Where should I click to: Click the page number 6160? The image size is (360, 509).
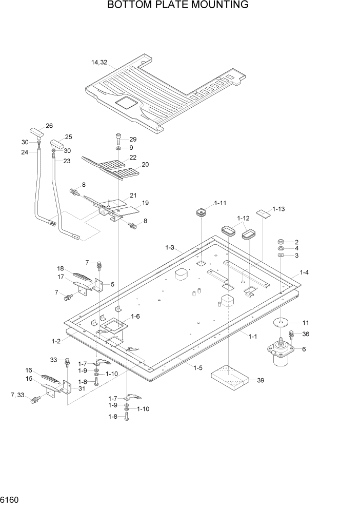[x=10, y=498]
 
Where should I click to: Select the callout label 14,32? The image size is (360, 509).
[x=99, y=63]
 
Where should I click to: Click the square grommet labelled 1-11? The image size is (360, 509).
[x=202, y=212]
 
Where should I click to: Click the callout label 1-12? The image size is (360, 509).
[x=243, y=218]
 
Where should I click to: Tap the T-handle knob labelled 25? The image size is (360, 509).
[x=57, y=145]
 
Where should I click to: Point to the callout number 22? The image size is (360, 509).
[x=133, y=158]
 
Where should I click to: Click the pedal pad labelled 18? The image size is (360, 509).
[x=82, y=277]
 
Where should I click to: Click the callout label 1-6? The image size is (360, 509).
[x=135, y=317]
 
